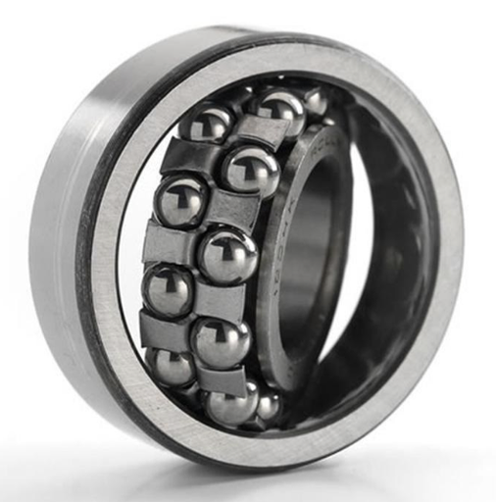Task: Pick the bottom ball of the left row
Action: point(174,367)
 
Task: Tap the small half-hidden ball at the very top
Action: point(313,101)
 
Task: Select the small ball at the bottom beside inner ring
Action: point(267,405)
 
